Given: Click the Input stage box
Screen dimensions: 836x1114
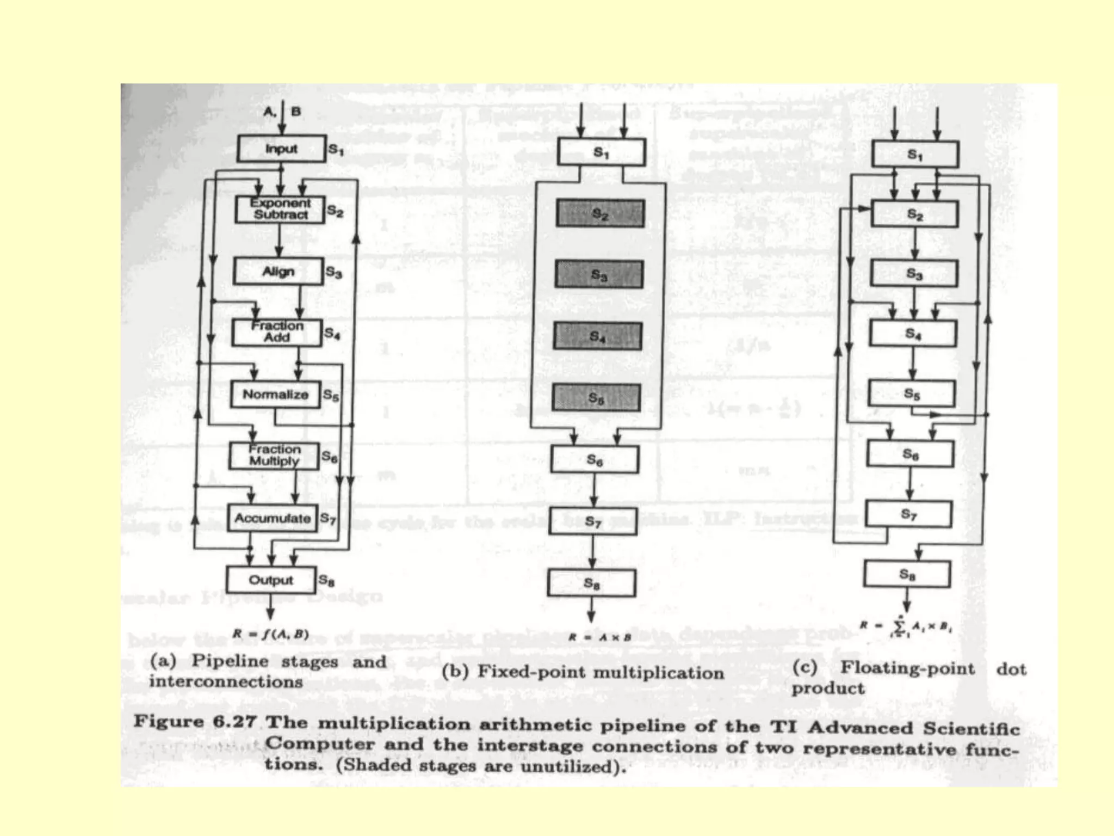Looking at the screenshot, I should point(281,149).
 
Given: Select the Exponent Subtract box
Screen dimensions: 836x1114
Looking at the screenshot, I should point(280,209).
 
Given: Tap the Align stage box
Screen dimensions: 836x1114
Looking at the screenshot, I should point(278,271).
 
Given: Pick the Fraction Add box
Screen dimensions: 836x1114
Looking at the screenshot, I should point(277,332).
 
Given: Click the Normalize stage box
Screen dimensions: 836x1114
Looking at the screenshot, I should point(275,395).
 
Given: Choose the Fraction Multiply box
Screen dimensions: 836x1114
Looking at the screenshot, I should point(274,455).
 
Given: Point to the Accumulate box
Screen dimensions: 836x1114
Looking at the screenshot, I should point(273,518).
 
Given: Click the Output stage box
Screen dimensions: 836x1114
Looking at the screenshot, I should point(271,580).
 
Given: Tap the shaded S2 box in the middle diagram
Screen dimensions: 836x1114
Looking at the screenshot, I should point(600,213).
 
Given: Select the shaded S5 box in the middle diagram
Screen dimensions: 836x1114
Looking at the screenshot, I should point(596,398).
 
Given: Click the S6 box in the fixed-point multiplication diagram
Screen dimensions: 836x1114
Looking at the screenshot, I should point(595,460).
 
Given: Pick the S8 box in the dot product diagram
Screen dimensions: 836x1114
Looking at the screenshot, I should point(907,574).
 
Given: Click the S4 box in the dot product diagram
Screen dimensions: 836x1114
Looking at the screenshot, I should point(913,333).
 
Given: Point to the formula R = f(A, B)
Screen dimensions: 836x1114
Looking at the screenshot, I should point(270,634).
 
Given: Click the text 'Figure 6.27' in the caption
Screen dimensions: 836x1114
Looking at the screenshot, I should point(195,722).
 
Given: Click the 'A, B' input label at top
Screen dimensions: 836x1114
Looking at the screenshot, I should point(282,112).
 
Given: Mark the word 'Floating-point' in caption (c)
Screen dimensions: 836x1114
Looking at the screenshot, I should point(907,668).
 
